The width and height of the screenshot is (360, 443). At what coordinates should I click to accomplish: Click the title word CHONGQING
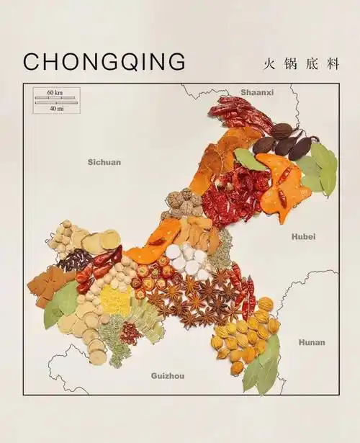coord(104,61)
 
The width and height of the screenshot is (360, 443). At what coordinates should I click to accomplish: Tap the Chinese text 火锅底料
coord(301,63)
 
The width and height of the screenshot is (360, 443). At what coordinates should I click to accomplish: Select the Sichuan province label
coord(104,162)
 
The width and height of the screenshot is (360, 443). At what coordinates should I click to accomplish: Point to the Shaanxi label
coord(257,92)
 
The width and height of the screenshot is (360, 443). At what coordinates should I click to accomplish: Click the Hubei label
coord(303,236)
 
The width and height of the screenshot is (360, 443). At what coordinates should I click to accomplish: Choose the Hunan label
coord(312,342)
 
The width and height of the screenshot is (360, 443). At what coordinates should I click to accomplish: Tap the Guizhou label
coord(167,375)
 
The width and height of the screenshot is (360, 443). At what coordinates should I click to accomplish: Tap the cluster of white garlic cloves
coord(189,260)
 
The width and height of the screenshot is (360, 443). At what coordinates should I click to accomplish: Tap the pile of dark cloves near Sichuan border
coord(75,260)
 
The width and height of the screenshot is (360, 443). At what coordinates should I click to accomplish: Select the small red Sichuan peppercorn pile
coord(131,333)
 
